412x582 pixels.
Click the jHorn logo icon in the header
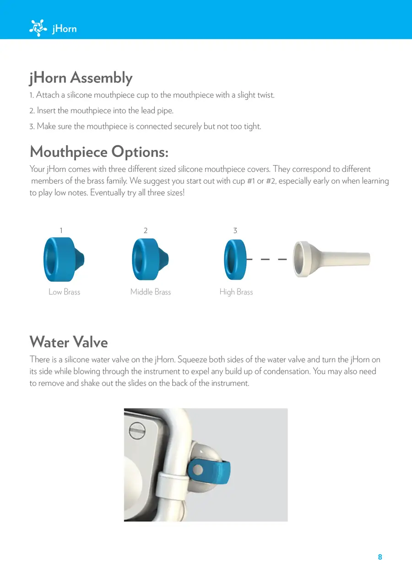tap(38, 28)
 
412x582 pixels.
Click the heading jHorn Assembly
tap(81, 78)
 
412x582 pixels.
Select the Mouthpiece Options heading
tap(99, 151)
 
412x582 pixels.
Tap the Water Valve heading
tap(69, 342)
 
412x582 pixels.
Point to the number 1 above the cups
tap(61, 230)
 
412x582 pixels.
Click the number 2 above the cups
tap(146, 230)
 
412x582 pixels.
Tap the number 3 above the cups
tap(235, 230)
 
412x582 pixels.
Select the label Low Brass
tap(65, 292)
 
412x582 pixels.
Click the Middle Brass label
tap(151, 292)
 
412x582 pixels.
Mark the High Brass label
tap(236, 292)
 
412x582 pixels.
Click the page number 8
tap(380, 557)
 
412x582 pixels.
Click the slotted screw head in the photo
tap(136, 430)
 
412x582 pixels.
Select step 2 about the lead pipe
tap(102, 111)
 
